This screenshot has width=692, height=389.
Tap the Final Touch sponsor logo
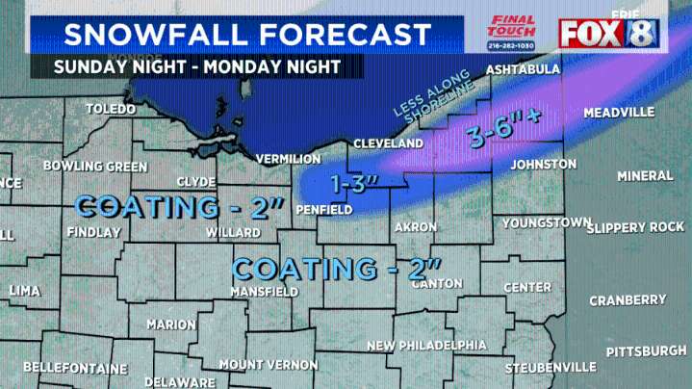pyautogui.click(x=512, y=33)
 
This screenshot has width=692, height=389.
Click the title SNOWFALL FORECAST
pyautogui.click(x=247, y=35)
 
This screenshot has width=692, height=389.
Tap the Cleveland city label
pyautogui.click(x=388, y=143)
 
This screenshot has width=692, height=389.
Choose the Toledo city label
pyautogui.click(x=111, y=109)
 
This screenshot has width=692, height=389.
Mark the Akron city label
pyautogui.click(x=416, y=227)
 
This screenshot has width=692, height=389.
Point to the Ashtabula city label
pyautogui.click(x=521, y=71)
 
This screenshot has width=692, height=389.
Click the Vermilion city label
pyautogui.click(x=288, y=158)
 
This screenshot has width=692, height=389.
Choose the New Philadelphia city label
pyautogui.click(x=426, y=346)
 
